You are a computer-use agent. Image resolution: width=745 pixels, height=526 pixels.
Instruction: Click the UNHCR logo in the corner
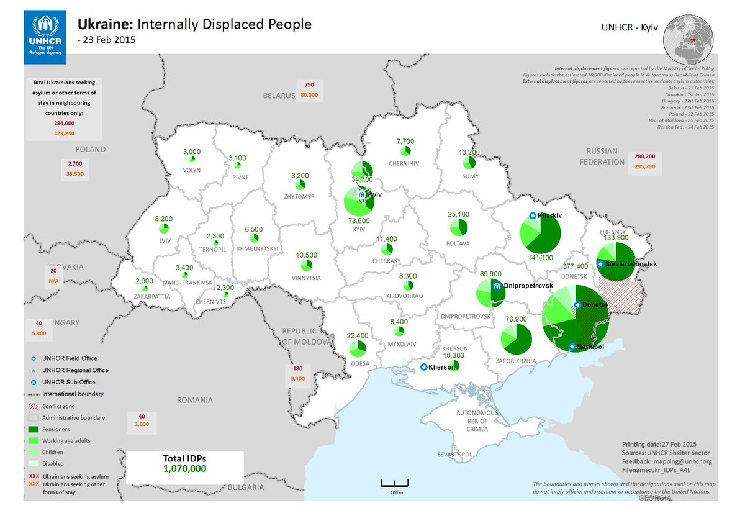coord(44,37)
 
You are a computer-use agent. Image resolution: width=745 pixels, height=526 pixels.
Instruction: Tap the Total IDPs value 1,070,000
coord(185,469)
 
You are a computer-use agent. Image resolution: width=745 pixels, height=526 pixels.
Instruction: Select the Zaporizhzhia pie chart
coord(516,338)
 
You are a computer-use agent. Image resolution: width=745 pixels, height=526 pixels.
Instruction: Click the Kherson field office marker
coord(424,367)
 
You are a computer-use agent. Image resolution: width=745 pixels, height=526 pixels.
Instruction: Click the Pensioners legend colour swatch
coord(33,429)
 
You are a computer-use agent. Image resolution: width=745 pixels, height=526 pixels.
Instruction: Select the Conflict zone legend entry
coord(58,406)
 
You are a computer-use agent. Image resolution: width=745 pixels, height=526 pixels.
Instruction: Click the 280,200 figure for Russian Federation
coord(645,156)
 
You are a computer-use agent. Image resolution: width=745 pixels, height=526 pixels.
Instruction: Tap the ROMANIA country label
coord(194,401)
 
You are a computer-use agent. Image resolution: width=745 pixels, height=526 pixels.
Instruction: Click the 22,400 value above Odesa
coord(357,336)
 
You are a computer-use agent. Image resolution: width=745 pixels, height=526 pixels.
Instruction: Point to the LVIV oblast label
coord(165,239)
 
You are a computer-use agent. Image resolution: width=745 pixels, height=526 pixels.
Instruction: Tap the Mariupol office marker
coord(572,347)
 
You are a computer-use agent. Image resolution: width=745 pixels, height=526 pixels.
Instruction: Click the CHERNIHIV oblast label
coord(404,164)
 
